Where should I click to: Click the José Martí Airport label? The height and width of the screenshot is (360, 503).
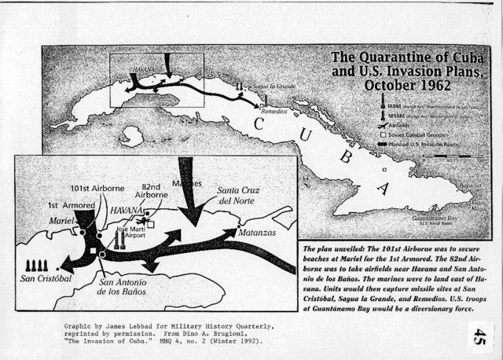130,232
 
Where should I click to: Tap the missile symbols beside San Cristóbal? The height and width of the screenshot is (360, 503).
39,263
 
